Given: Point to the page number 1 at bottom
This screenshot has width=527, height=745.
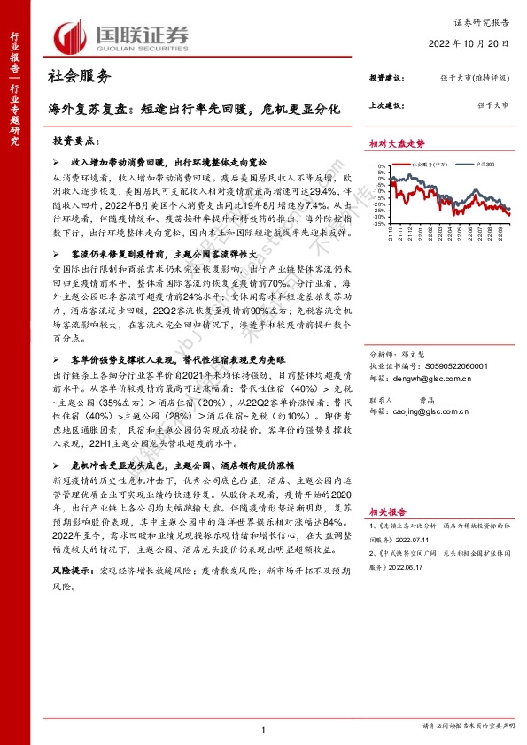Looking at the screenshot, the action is [x=264, y=728].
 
